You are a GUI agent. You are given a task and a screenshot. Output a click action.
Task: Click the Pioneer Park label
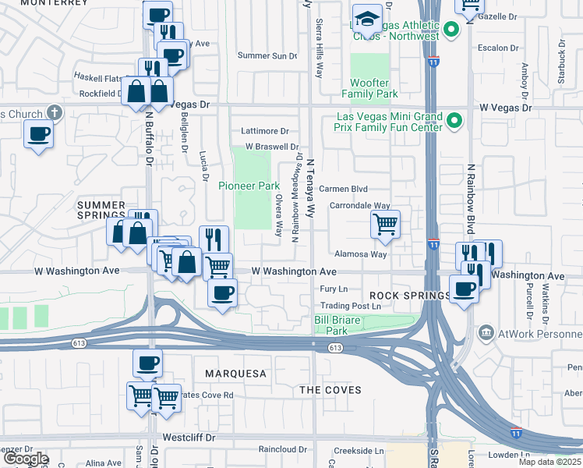249,186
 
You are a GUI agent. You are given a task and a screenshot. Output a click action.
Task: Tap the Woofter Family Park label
369,88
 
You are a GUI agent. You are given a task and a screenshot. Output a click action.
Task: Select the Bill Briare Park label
341,325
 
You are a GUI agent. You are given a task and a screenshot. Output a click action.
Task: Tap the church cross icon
54,113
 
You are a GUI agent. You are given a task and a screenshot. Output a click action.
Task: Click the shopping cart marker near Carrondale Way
386,225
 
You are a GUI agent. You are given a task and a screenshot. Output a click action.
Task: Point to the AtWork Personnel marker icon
487,333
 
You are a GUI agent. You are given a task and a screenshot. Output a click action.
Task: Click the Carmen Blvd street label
343,189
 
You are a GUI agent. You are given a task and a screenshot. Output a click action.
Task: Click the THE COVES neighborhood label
330,389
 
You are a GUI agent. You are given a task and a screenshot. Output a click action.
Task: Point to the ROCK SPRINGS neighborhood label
410,296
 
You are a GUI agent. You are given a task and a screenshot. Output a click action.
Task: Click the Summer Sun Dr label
267,55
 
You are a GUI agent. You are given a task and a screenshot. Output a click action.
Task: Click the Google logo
25,459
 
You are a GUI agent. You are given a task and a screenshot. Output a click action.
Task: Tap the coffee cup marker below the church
38,135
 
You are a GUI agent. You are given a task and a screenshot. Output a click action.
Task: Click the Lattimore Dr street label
265,131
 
